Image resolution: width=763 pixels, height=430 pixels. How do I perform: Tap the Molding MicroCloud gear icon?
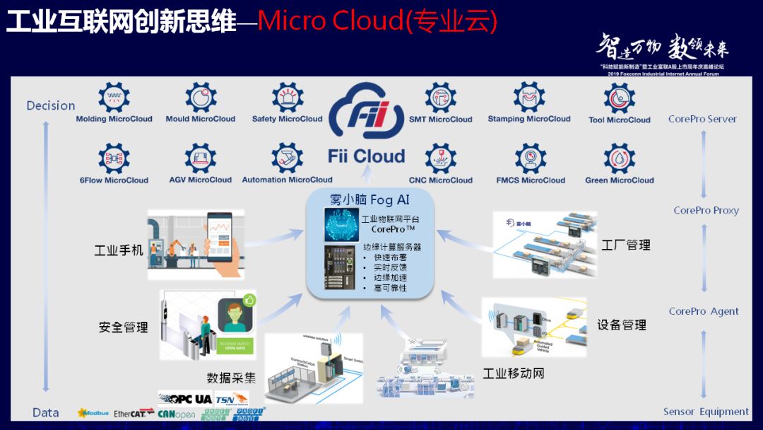[114, 97]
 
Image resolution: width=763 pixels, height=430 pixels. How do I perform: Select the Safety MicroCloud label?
[287, 119]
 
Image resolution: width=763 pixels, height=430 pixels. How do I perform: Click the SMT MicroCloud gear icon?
[441, 98]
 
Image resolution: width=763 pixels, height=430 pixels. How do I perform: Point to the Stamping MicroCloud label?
[529, 119]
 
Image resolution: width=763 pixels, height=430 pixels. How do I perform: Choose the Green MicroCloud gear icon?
[620, 158]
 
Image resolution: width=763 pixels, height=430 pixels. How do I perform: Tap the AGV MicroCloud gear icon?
[201, 158]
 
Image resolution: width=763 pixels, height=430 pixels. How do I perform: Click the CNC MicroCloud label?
[441, 180]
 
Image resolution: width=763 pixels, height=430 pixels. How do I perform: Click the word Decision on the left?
[51, 105]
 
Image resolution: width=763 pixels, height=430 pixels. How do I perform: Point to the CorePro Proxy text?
[706, 210]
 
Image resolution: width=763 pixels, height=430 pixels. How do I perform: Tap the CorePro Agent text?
[704, 311]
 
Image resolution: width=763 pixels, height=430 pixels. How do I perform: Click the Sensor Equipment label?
[706, 412]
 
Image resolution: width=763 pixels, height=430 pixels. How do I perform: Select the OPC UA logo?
[185, 399]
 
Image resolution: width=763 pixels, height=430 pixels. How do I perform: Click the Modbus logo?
[92, 413]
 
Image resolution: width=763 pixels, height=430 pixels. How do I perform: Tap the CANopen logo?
[177, 414]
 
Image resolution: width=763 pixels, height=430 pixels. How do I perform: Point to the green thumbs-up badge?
[249, 300]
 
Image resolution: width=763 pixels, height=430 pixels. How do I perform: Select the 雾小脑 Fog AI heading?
[369, 200]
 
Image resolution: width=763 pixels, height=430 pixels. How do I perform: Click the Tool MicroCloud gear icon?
[620, 98]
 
